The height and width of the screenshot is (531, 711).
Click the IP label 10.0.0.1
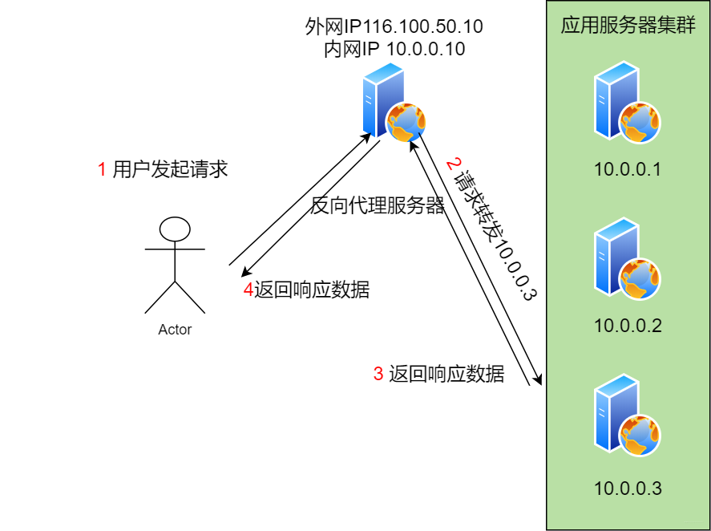(628, 169)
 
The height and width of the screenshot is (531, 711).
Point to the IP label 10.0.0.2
(628, 326)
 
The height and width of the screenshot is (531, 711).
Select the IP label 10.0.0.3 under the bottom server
(628, 488)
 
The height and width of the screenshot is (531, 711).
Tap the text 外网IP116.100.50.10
(394, 26)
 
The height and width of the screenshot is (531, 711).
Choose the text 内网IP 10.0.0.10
(394, 49)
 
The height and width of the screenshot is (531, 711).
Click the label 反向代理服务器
(377, 206)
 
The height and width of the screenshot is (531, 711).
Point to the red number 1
(102, 169)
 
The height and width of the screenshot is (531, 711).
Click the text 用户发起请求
(171, 169)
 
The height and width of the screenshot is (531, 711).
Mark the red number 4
(248, 290)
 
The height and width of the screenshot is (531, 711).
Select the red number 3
(378, 374)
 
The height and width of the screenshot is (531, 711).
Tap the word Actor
(175, 330)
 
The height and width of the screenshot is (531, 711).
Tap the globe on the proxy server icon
(405, 123)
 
